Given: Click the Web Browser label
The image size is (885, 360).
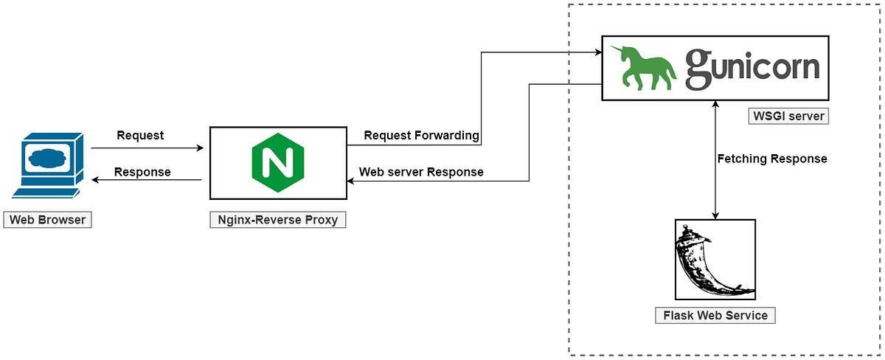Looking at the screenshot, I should (47, 220).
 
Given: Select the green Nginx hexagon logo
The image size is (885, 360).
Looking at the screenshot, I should (277, 163).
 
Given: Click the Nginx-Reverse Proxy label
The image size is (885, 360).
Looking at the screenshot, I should (278, 220).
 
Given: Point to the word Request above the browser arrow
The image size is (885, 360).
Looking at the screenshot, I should (140, 136).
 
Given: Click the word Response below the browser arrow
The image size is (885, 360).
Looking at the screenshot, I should (142, 172).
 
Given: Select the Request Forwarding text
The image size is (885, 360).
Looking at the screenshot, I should (421, 136).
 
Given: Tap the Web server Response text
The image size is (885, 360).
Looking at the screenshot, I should (421, 172).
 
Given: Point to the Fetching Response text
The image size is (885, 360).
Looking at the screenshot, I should (772, 159).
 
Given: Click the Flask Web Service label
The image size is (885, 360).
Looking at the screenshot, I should (715, 316).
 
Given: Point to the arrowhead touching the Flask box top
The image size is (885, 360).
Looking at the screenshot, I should (715, 215).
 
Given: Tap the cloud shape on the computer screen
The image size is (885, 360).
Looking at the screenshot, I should (46, 157).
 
